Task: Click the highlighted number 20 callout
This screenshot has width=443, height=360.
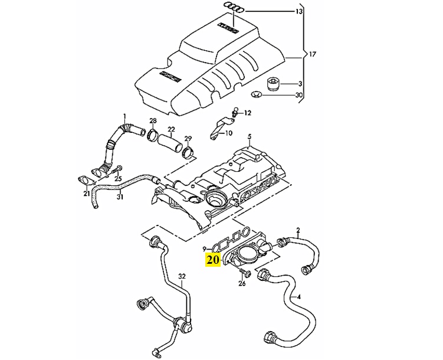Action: click(212, 259)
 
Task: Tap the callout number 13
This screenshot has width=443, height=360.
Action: click(299, 12)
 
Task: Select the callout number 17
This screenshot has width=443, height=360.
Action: click(313, 54)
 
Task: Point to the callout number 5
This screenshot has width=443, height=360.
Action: click(250, 137)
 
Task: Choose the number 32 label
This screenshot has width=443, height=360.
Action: click(182, 276)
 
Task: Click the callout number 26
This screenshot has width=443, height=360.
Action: click(242, 283)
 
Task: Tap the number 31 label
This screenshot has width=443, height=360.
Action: click(120, 197)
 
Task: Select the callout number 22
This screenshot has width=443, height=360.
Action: click(171, 129)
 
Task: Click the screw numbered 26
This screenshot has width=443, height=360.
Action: click(244, 273)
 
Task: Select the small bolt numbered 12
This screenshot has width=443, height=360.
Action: click(235, 110)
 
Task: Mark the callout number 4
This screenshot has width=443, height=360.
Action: click(298, 296)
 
